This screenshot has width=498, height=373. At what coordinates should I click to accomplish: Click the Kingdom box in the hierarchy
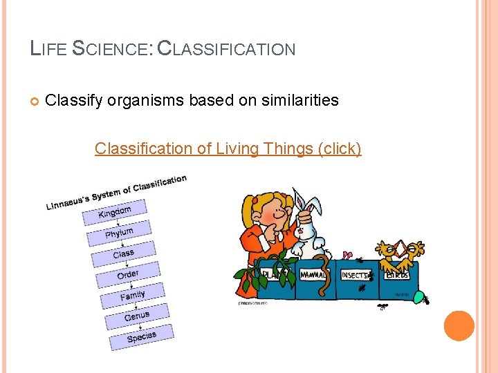point(115,211)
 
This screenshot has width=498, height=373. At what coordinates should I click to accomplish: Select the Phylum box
point(120,233)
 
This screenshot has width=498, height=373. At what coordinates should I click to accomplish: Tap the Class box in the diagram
point(124,254)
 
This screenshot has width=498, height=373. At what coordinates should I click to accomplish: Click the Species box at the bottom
point(142,336)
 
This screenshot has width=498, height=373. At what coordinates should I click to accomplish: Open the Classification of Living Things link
point(228,149)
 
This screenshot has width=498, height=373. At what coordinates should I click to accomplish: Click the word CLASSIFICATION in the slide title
point(226,49)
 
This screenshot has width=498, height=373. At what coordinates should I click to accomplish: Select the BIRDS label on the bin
point(397,274)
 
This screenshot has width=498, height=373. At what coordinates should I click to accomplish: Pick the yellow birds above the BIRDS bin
point(400,251)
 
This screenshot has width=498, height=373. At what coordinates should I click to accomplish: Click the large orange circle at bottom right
point(459,326)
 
